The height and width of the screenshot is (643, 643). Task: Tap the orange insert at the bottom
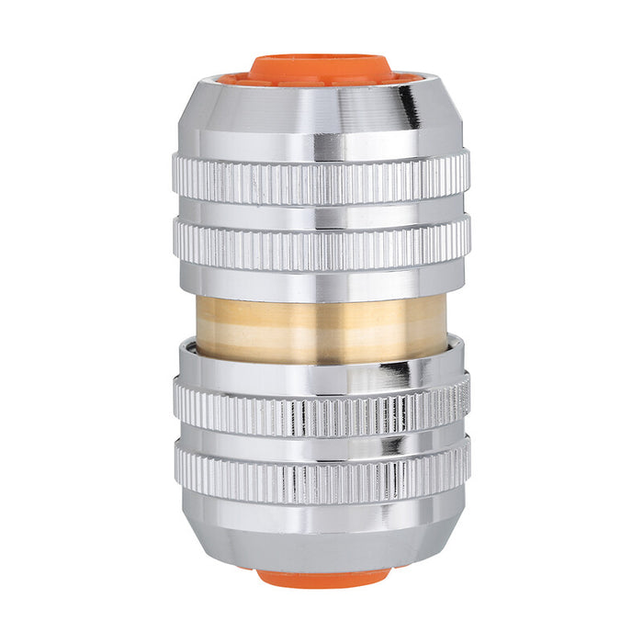tap(321, 578)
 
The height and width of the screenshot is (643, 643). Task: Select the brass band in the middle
tap(321, 327)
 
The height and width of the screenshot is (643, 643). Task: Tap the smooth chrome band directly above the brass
tap(321, 283)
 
